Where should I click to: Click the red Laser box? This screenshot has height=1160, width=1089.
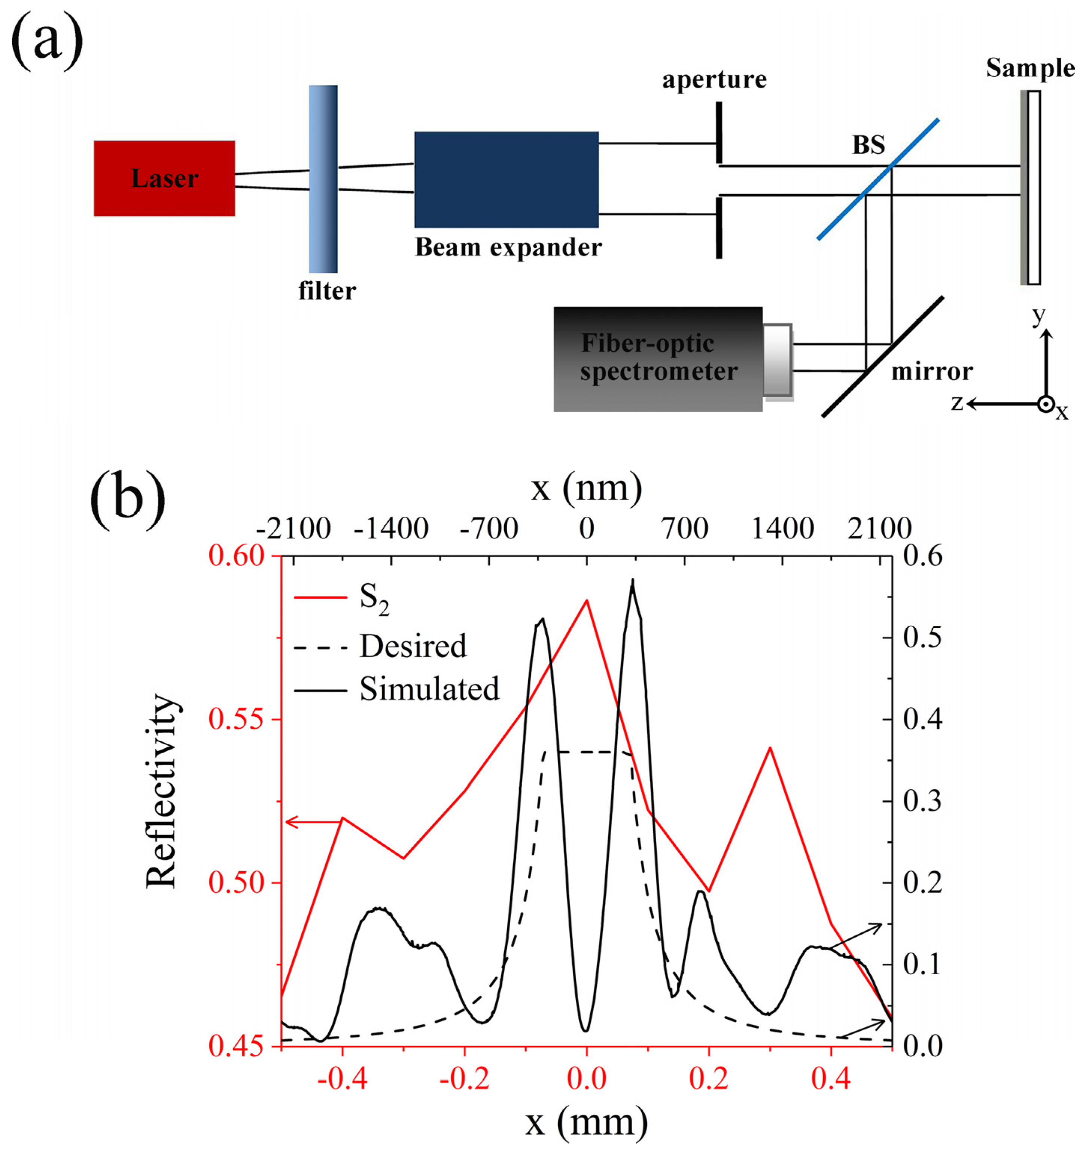pos(164,179)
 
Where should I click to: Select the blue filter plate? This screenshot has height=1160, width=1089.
pos(323,179)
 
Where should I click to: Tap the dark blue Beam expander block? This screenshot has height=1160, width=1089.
pos(506,179)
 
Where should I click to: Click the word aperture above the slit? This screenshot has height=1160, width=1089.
pos(714,80)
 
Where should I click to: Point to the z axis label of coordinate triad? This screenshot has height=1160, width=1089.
pos(956,403)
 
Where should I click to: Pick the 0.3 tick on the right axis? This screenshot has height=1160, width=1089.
pos(922,801)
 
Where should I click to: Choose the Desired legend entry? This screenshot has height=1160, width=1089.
pos(413,646)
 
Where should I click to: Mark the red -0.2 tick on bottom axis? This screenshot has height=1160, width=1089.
pos(464,1079)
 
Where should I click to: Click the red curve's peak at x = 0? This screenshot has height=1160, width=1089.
pos(587,600)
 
